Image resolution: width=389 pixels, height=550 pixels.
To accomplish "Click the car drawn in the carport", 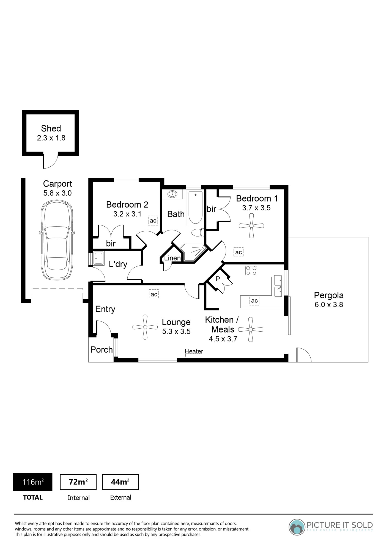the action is (x=57, y=240).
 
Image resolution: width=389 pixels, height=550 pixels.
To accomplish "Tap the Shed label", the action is (x=51, y=128).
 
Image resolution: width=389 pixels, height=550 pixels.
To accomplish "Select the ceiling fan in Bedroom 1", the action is (x=251, y=226).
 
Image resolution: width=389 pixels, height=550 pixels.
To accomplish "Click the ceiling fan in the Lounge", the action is (x=145, y=327).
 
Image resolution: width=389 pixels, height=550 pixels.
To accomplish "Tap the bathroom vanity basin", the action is (x=172, y=194).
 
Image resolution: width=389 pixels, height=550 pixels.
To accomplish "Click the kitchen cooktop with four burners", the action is (x=251, y=270).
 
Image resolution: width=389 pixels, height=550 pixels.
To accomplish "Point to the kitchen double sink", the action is (x=278, y=286).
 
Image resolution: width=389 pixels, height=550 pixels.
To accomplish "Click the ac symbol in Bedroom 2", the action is (x=153, y=221).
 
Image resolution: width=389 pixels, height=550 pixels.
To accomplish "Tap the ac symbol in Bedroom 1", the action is (x=239, y=252).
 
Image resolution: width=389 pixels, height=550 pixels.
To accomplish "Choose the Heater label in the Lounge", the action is (x=194, y=351).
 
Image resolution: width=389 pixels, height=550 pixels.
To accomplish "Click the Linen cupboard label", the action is (x=172, y=258).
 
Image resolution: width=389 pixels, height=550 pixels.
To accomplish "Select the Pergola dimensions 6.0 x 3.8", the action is (x=329, y=305).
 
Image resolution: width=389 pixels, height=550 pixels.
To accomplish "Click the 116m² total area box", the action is (x=33, y=482).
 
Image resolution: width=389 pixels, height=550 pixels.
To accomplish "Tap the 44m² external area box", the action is (x=120, y=482).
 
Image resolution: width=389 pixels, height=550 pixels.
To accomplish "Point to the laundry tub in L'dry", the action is (x=98, y=258).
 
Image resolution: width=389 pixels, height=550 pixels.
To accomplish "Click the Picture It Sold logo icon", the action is (x=297, y=527).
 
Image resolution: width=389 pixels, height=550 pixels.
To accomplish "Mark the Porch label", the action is (x=102, y=350).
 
